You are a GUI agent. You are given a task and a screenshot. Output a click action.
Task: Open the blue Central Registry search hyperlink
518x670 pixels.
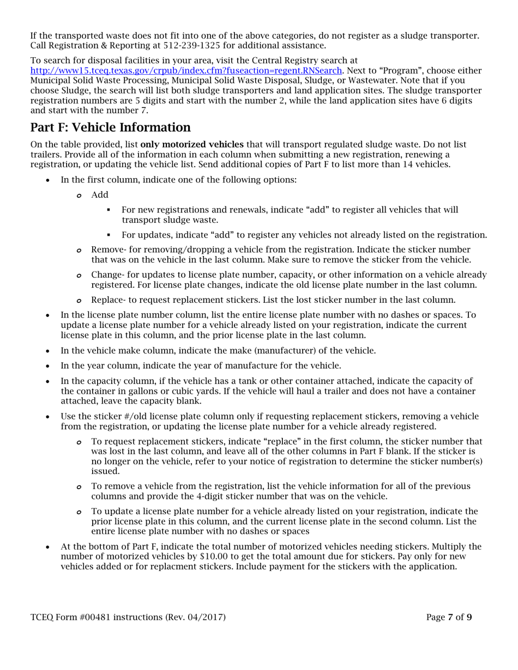click(186, 70)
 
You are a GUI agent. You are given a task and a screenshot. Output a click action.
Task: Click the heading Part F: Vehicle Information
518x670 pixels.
click(111, 127)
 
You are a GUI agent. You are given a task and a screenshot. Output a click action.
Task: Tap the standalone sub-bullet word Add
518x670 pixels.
click(100, 195)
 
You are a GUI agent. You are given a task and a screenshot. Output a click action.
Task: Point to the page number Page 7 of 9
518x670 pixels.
click(449, 617)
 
